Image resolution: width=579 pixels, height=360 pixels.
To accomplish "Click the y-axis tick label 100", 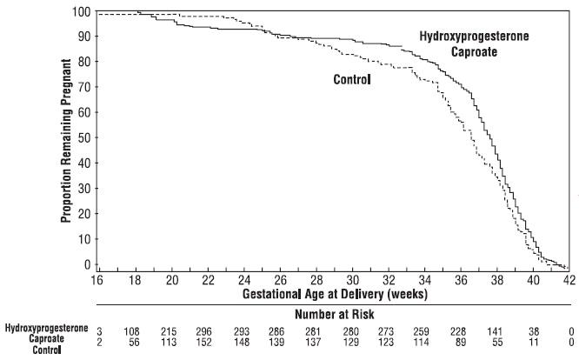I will (82, 12).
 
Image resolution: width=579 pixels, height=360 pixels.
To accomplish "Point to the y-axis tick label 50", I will (84, 137).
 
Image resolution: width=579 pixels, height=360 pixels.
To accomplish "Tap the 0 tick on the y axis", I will (87, 263).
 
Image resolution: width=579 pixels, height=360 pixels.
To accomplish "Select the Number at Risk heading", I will (333, 314).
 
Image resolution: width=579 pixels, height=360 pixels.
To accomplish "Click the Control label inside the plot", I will (352, 80).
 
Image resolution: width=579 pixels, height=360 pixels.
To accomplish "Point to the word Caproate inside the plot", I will (475, 51).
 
